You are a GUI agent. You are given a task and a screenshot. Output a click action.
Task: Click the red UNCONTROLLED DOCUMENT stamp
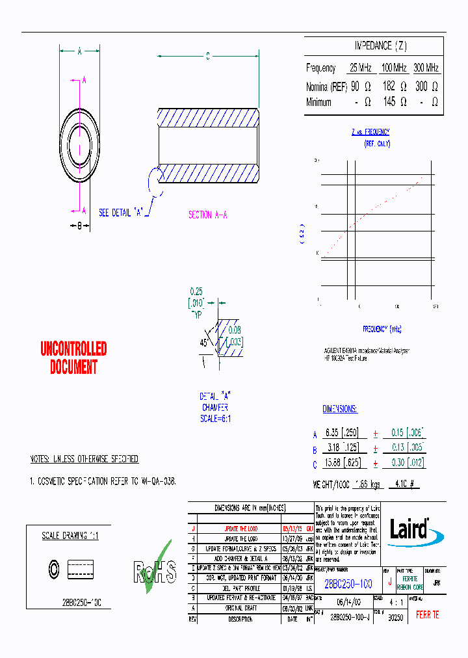[x=73, y=358]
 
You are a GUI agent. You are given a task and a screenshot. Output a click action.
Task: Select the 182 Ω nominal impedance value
[x=394, y=86]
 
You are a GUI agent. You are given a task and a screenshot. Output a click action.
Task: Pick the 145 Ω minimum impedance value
[x=394, y=102]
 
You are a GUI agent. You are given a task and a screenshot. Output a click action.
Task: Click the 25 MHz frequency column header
[x=361, y=68]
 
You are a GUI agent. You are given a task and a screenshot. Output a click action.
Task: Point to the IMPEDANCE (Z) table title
[x=380, y=46]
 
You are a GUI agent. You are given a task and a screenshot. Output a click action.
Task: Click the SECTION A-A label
[x=207, y=215]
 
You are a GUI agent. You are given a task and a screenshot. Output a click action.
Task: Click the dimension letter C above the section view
[x=207, y=57]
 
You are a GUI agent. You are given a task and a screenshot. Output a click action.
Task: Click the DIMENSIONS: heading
[x=339, y=409]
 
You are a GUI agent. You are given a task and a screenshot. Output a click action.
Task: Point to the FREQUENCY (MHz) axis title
[x=382, y=329]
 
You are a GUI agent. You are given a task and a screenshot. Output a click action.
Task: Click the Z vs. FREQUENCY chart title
[x=370, y=131]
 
